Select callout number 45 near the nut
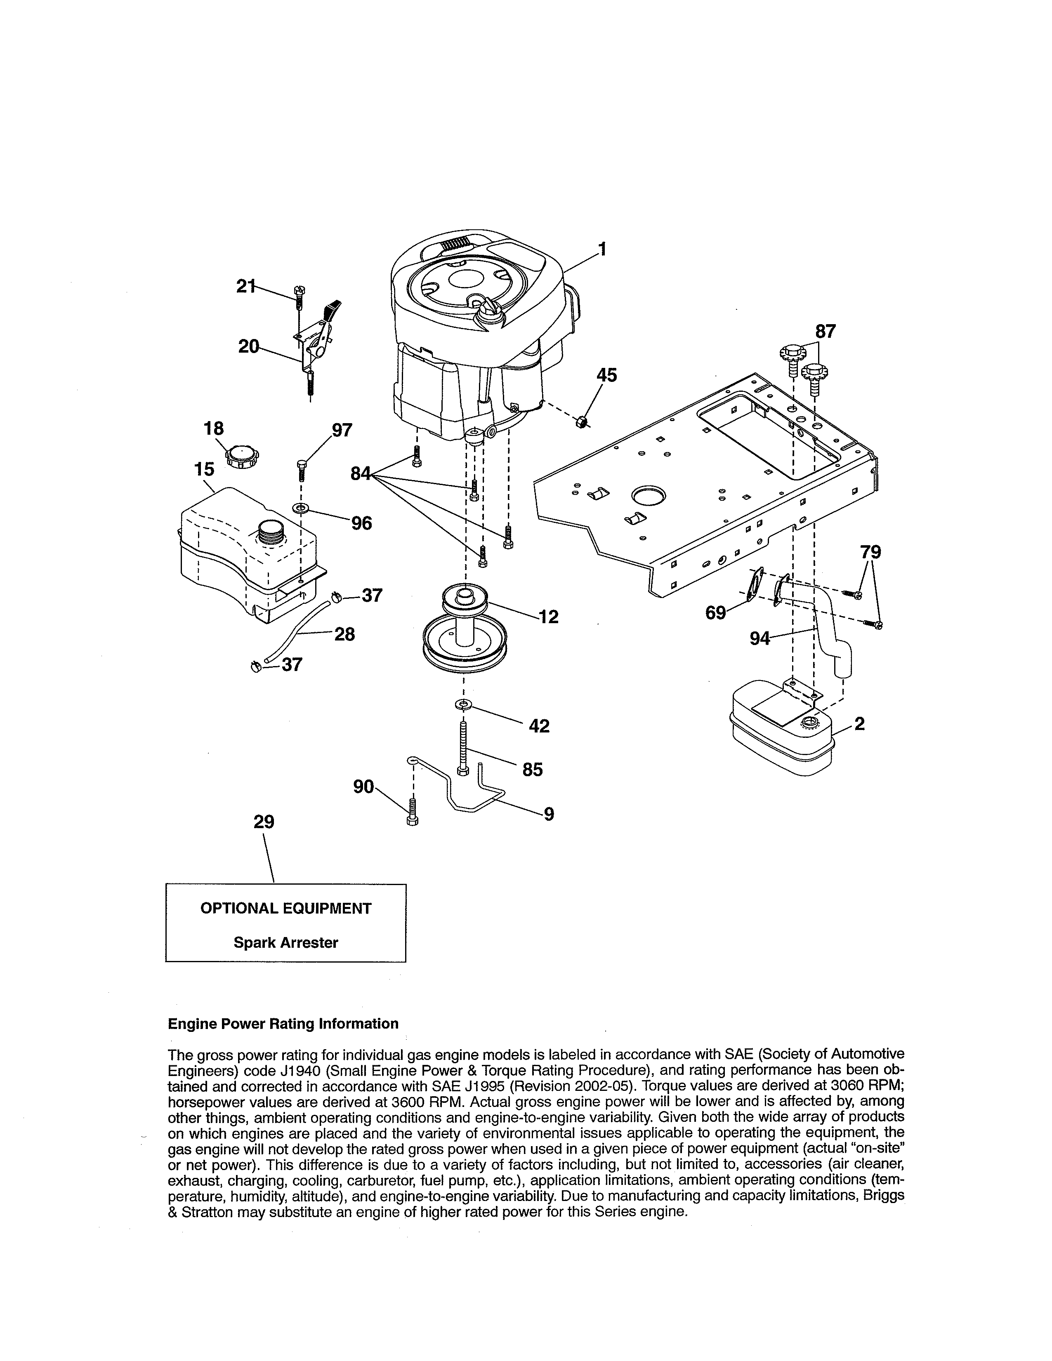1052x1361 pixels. click(x=606, y=375)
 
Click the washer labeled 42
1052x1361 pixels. click(x=463, y=705)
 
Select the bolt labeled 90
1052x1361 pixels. click(x=412, y=811)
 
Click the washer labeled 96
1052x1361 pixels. click(x=302, y=509)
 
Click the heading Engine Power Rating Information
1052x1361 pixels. click(x=283, y=1024)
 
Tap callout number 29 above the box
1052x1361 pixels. click(x=264, y=822)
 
